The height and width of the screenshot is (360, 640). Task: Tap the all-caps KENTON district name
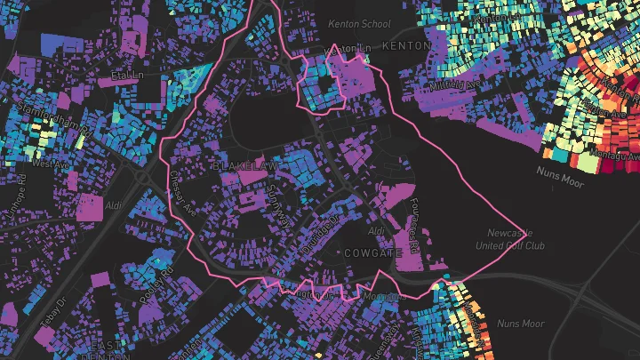[x=406, y=44]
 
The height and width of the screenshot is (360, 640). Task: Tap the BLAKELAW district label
[x=245, y=166]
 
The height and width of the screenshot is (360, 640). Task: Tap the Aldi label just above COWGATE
[x=377, y=230]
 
